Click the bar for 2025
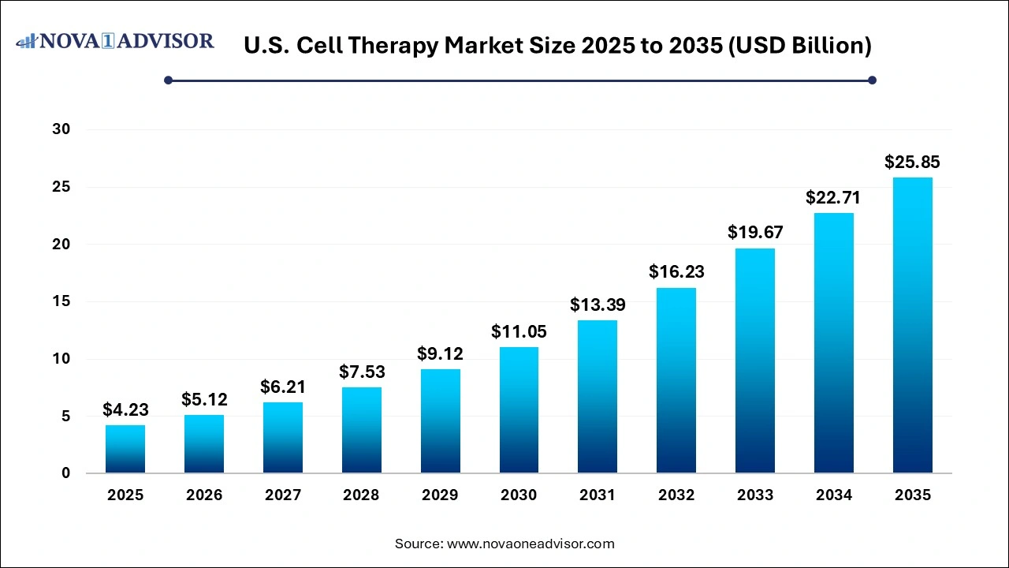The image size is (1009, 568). (125, 449)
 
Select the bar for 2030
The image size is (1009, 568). (519, 410)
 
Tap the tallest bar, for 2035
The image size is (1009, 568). (912, 325)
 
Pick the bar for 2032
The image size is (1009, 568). (676, 380)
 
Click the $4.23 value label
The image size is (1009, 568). (125, 409)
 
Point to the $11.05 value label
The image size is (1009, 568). (519, 331)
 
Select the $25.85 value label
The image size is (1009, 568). (912, 163)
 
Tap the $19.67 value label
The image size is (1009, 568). (755, 233)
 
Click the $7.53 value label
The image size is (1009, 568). (361, 372)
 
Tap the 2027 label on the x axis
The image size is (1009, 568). (283, 495)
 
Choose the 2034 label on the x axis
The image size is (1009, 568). (834, 495)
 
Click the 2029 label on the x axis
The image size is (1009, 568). (440, 495)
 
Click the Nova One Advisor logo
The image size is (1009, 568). (115, 41)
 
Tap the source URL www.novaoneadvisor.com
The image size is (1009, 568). (531, 544)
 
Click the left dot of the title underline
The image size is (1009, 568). (168, 80)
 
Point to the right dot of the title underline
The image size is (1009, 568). (872, 80)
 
